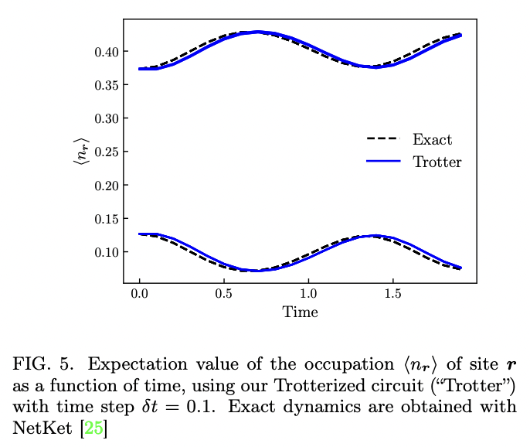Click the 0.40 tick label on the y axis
(x=105, y=52)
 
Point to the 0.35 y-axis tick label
(x=105, y=85)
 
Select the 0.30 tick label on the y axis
(x=105, y=118)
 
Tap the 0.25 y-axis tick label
(x=105, y=152)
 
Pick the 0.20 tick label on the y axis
(x=105, y=186)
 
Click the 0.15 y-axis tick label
(x=105, y=219)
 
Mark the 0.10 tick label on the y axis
(x=105, y=253)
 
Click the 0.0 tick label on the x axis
(x=139, y=295)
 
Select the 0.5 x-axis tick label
(x=224, y=295)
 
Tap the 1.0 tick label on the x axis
(x=308, y=295)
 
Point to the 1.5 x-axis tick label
(x=392, y=295)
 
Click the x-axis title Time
(x=300, y=312)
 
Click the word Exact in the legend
(x=432, y=140)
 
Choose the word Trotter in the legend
(x=437, y=162)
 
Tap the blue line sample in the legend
(x=383, y=162)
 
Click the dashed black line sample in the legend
(x=383, y=140)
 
